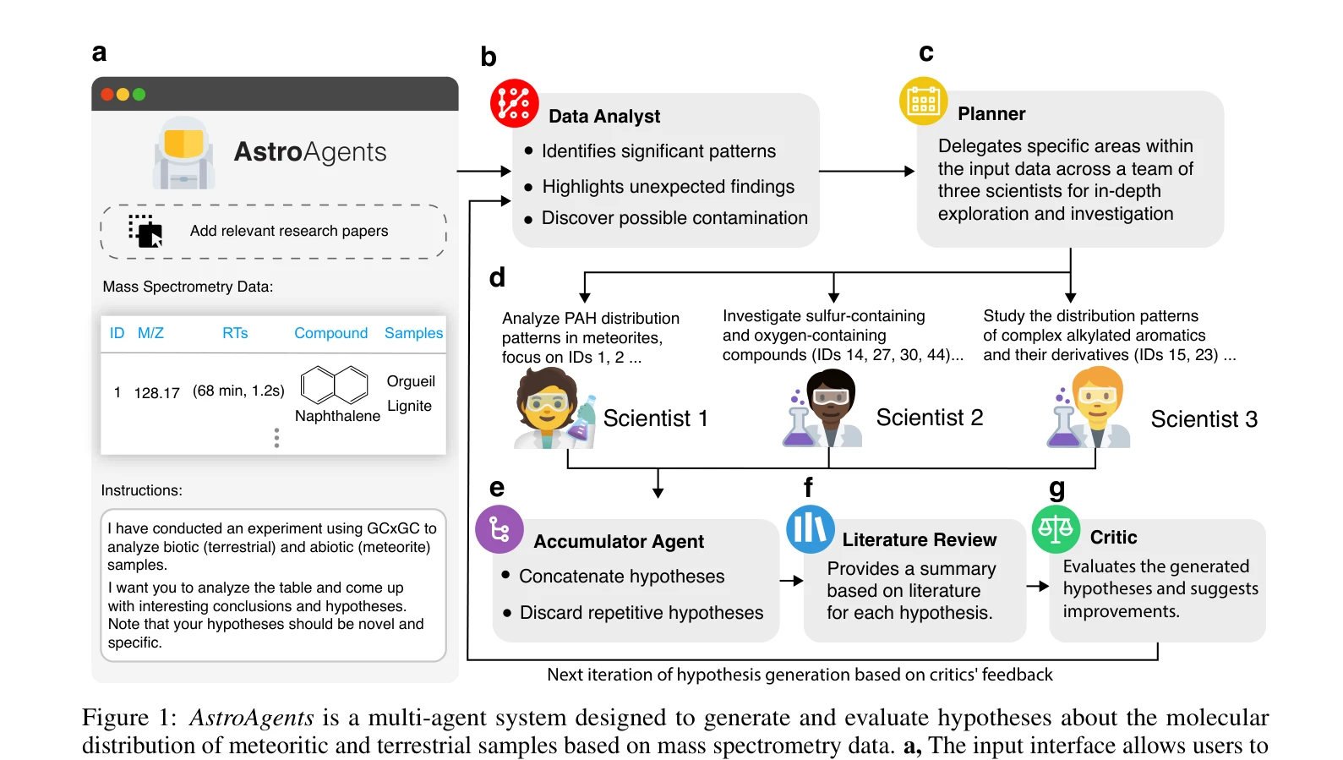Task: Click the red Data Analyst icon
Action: click(515, 103)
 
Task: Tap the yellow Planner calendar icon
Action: click(923, 101)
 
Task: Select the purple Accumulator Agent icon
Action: click(500, 529)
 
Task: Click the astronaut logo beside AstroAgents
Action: click(183, 153)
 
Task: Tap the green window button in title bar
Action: click(139, 94)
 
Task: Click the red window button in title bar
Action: click(107, 94)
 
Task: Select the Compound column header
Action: click(331, 333)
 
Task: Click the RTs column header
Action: click(235, 333)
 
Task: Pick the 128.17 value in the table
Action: click(156, 393)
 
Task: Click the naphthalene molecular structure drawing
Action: click(334, 385)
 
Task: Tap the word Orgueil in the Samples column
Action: click(411, 381)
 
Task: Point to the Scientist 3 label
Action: click(1204, 418)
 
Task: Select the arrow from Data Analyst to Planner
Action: click(867, 171)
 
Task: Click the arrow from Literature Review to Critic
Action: click(1038, 586)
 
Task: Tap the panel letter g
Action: click(1057, 489)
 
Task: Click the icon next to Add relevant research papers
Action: click(145, 231)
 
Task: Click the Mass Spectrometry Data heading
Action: click(188, 287)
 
